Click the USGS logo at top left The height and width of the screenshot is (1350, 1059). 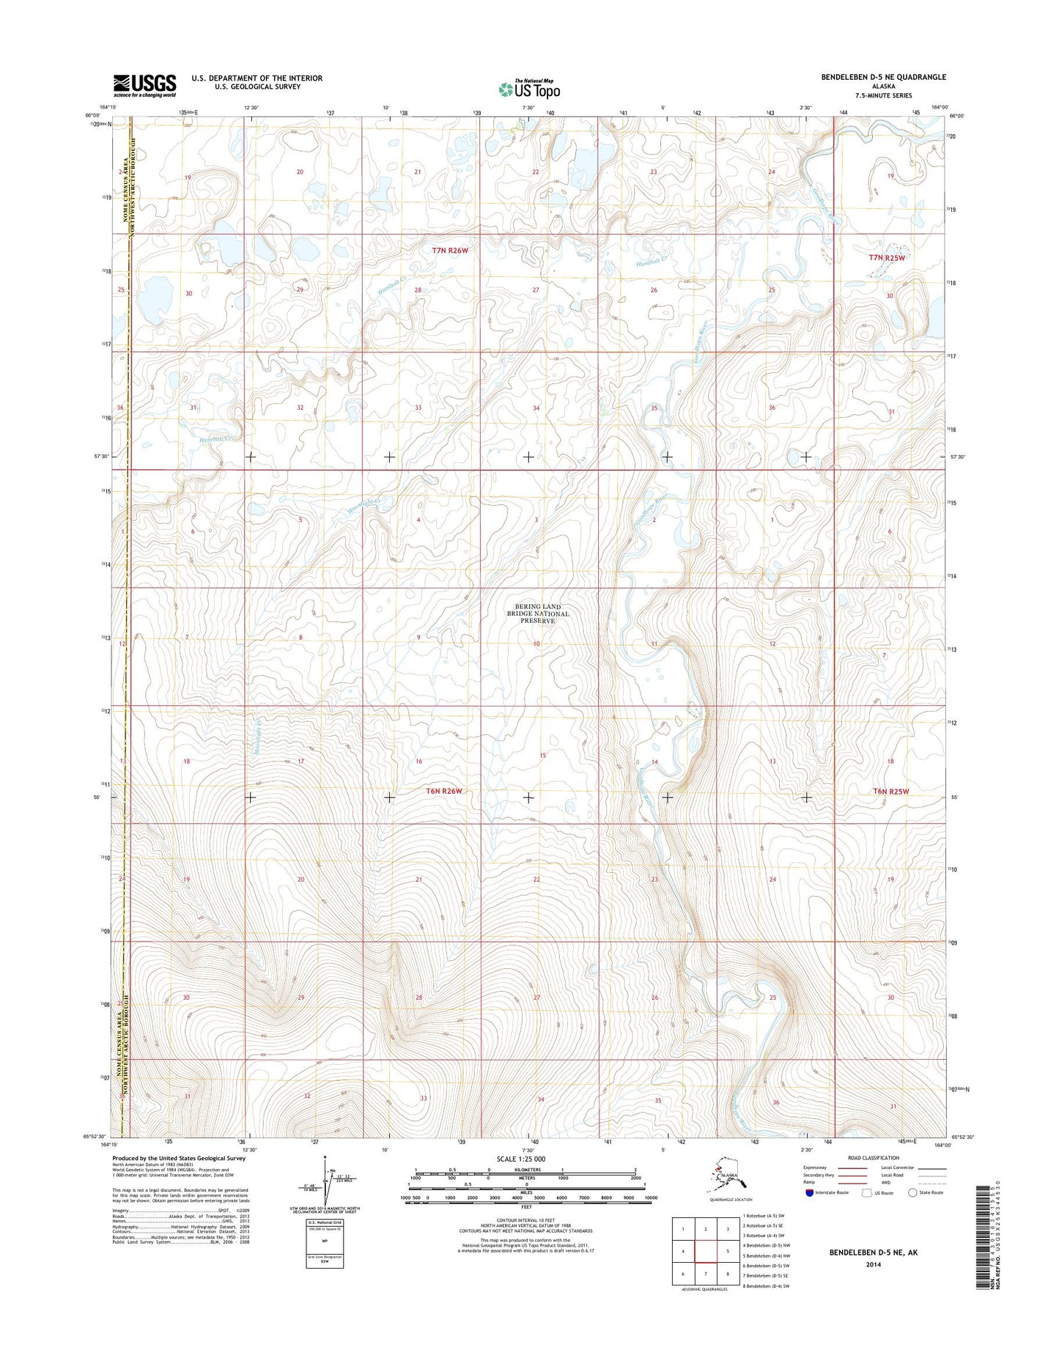pyautogui.click(x=144, y=85)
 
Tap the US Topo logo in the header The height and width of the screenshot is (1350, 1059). pyautogui.click(x=529, y=89)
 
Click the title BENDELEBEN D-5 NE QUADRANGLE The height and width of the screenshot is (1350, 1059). pyautogui.click(x=888, y=77)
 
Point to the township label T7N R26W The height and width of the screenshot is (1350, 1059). pyautogui.click(x=450, y=251)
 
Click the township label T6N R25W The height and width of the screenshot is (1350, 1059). pyautogui.click(x=890, y=792)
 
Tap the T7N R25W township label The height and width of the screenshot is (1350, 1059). pyautogui.click(x=887, y=258)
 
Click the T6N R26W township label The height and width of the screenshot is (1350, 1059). pyautogui.click(x=445, y=792)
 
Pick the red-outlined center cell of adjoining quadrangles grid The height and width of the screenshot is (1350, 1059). pyautogui.click(x=705, y=1252)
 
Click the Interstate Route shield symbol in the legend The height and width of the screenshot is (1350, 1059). pyautogui.click(x=809, y=1213)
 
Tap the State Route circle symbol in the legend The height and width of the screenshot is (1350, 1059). pyautogui.click(x=912, y=1213)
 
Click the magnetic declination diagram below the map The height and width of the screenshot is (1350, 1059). pyautogui.click(x=325, y=1187)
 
